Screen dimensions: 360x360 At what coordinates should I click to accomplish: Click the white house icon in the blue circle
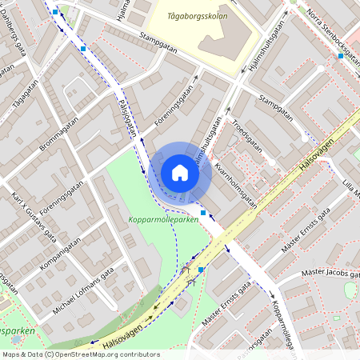point(180,172)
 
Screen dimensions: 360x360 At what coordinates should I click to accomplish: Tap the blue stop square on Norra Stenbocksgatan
point(341,57)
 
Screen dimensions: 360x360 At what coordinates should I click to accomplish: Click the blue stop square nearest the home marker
point(203,213)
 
